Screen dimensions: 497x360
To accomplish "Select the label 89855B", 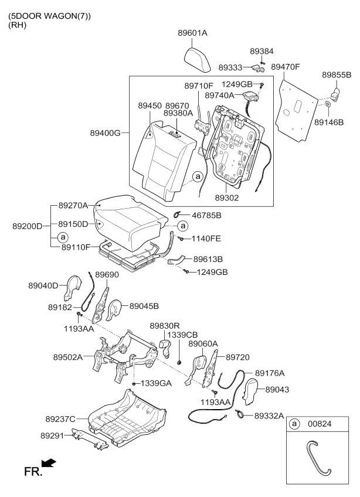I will tap(337, 75).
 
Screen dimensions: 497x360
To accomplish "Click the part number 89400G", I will tap(106, 133).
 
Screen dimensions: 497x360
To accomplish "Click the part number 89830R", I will tap(164, 325).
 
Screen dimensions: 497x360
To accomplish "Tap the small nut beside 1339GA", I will tap(134, 383).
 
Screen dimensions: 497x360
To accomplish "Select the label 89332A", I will tap(269, 416).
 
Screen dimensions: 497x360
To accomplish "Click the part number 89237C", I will tap(60, 419).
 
